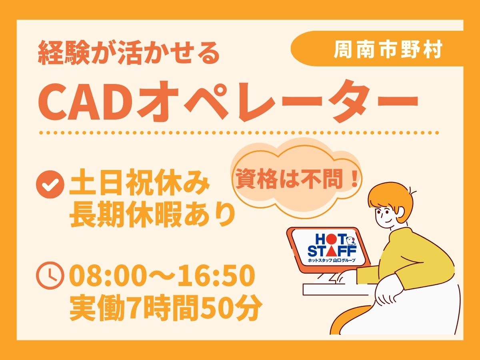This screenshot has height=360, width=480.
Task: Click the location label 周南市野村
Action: click(x=388, y=50)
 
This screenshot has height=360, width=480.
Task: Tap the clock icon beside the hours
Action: click(x=50, y=276)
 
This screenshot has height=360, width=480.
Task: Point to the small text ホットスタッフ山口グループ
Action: click(x=332, y=260)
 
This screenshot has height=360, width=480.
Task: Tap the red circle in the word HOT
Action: click(x=330, y=239)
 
